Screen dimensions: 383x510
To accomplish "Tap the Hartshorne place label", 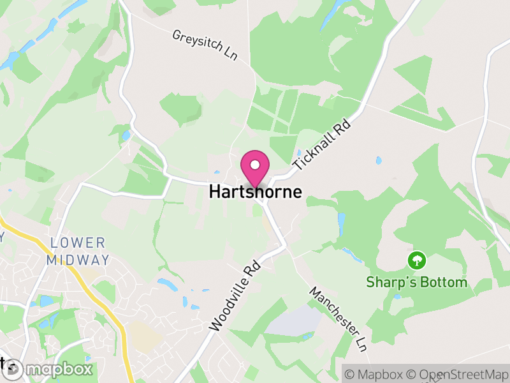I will click(x=255, y=191).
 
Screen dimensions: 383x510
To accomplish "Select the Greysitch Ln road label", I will click(x=205, y=45).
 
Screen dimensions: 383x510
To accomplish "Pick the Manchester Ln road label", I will click(x=338, y=319).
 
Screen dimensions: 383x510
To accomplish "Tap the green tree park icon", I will click(x=416, y=260).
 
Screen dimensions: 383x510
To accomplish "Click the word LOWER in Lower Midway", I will click(x=78, y=243).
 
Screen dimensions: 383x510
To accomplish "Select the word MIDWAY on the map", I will click(x=78, y=260).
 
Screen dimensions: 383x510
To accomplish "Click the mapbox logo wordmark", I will click(x=59, y=370).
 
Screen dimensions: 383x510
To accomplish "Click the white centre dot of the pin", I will click(x=255, y=165).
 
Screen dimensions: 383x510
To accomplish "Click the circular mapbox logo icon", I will click(x=13, y=369).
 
